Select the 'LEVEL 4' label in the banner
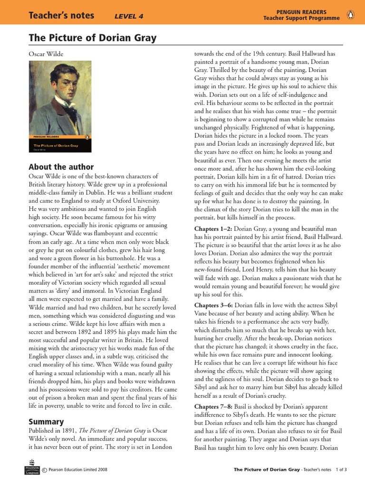[x=129, y=17]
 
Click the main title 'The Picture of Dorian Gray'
[x=93, y=38]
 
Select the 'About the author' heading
[x=61, y=167]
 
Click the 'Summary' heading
[x=46, y=421]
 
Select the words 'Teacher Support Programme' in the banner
[x=302, y=18]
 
